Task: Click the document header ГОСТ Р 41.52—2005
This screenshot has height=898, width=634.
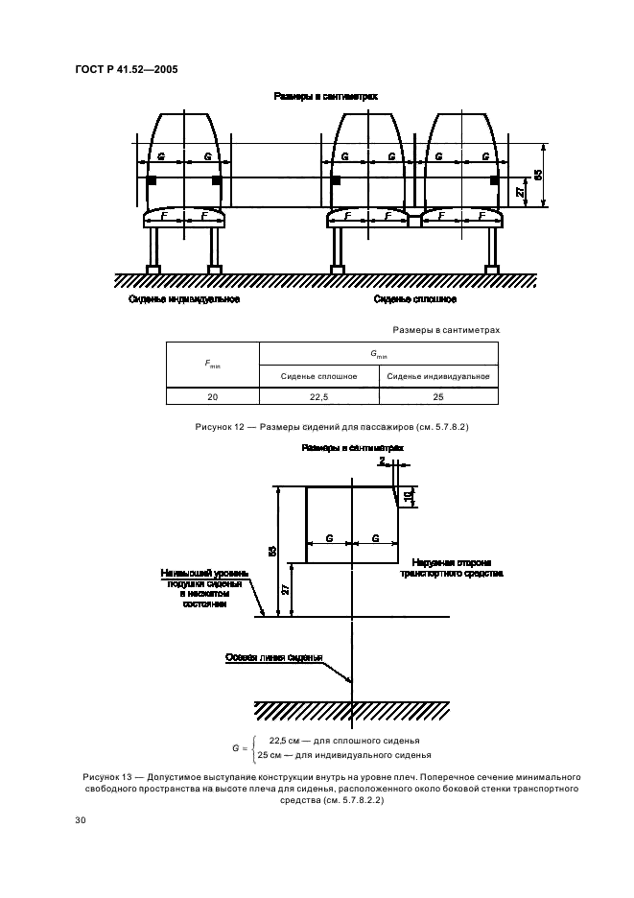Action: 126,69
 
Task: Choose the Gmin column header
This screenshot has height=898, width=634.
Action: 379,354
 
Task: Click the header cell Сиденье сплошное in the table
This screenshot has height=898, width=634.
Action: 318,376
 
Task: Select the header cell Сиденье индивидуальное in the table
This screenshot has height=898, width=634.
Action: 438,376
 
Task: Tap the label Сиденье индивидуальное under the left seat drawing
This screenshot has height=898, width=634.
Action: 184,299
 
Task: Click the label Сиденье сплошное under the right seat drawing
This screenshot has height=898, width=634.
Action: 415,299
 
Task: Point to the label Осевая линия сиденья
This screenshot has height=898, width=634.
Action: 273,657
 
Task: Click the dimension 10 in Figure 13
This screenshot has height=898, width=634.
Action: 409,496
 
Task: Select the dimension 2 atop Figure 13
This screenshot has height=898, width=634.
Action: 382,461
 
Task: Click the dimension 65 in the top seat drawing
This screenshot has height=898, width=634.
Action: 537,174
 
